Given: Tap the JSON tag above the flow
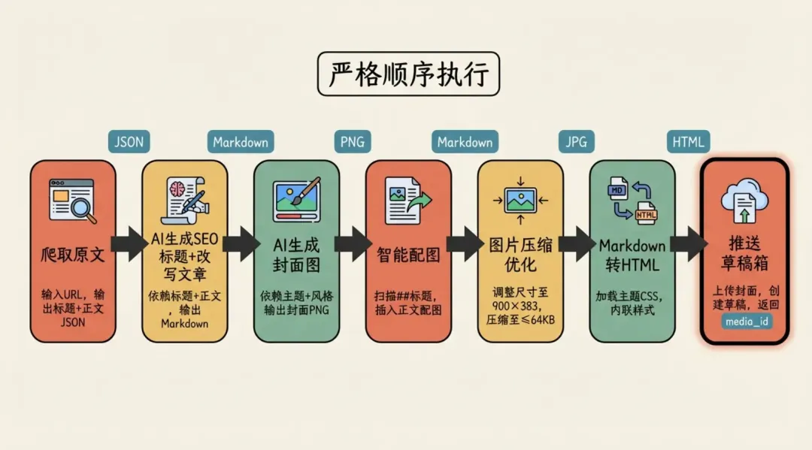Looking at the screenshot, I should point(129,142).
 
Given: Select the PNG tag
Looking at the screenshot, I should point(353,142).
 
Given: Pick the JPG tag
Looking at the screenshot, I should point(577,142).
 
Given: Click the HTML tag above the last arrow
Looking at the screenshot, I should point(689,142).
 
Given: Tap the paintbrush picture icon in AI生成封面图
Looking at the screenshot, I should point(296,199).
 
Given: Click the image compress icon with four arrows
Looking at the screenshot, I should point(520,200).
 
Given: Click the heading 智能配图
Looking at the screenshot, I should point(408,254).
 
